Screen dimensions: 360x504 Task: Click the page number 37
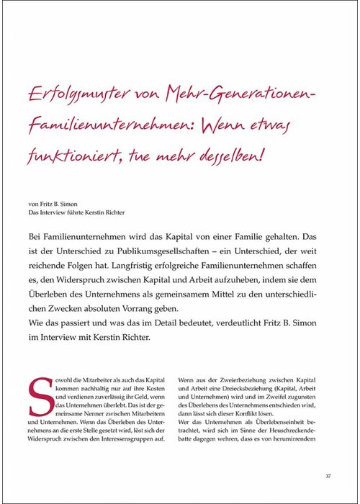click(328, 476)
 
